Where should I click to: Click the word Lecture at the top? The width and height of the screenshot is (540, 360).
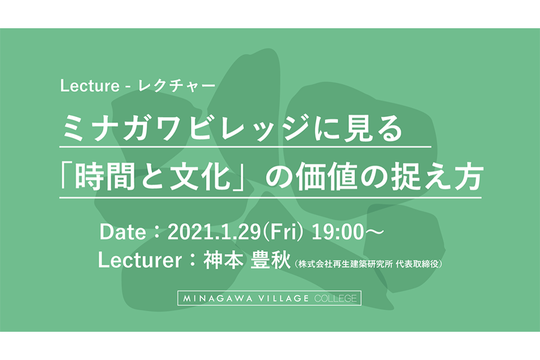[89, 86]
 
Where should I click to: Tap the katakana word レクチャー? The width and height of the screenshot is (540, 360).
[176, 86]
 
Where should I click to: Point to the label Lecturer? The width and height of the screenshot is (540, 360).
[140, 260]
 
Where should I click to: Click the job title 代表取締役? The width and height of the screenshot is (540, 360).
[417, 264]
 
